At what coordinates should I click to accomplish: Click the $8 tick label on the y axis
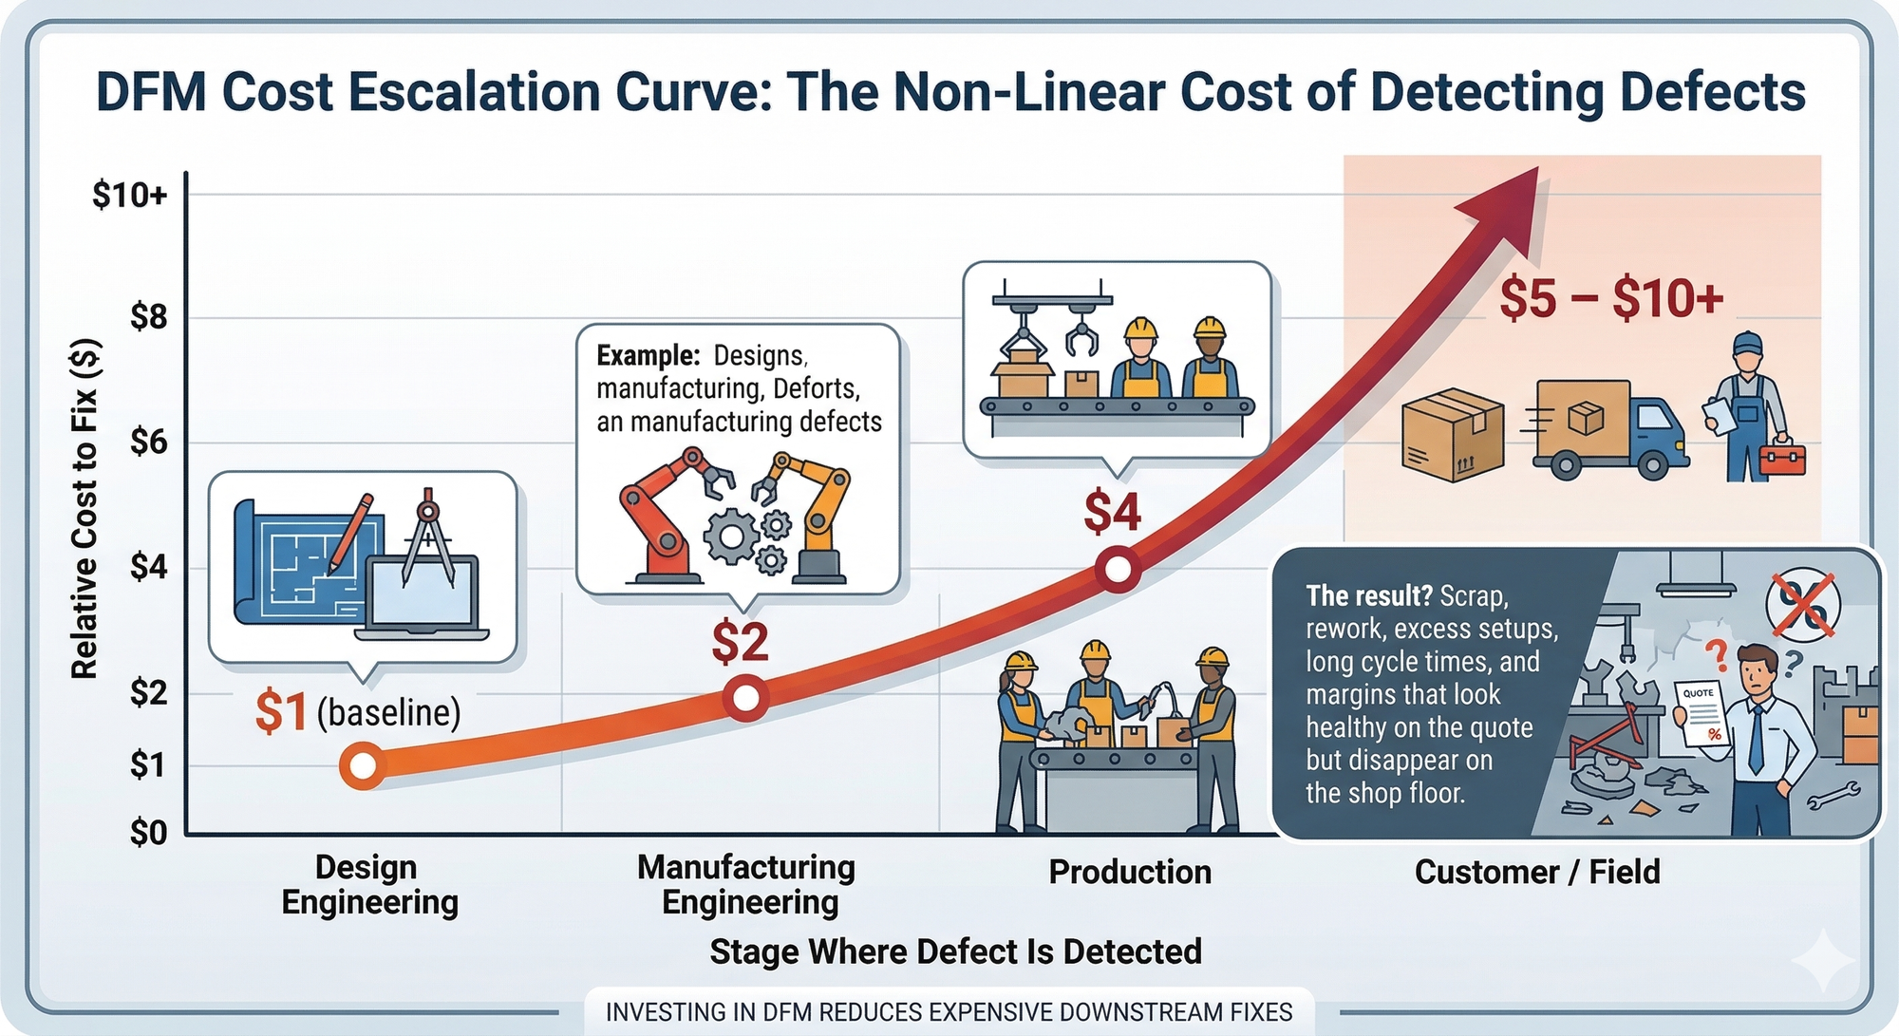pos(149,317)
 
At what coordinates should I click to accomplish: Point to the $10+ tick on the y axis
pos(130,195)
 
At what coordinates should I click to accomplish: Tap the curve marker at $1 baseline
pos(363,765)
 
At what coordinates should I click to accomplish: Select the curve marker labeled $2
pos(746,698)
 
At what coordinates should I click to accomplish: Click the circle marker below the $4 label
pos(1118,570)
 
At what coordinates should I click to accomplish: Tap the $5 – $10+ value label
pos(1611,298)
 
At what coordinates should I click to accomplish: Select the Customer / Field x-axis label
pos(1537,872)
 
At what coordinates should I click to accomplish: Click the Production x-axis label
pos(1130,872)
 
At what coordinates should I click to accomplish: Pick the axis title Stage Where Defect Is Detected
pos(955,951)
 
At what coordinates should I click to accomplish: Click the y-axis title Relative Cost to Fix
pos(85,509)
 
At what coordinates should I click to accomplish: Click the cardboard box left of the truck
pos(1452,434)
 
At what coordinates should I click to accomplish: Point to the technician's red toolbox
pos(1781,459)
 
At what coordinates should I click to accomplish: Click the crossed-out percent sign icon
pos(1802,605)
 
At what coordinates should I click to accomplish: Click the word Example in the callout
pos(648,355)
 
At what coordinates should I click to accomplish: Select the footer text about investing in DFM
pos(949,1012)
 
